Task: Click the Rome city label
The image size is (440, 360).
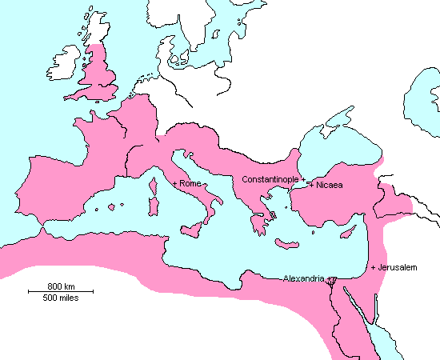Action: tap(190, 184)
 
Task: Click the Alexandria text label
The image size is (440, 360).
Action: tap(304, 278)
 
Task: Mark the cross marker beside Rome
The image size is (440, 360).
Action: tap(175, 184)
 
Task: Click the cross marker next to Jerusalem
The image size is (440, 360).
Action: tap(373, 267)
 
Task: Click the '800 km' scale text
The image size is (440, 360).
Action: tap(60, 286)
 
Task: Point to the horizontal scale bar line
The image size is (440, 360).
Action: tap(60, 292)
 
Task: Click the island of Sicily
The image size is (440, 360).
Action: tap(193, 228)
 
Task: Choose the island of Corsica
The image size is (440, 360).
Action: tap(153, 185)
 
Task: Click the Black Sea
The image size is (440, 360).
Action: tap(336, 156)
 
